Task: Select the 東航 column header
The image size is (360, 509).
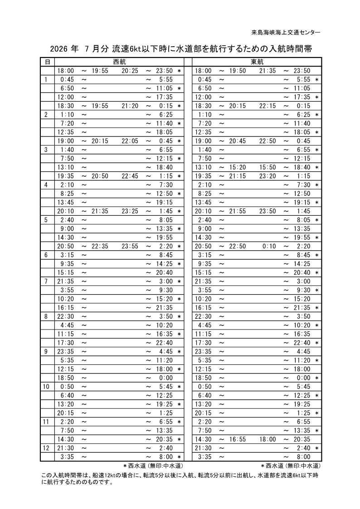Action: coord(257,62)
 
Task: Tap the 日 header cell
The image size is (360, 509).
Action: coord(47,62)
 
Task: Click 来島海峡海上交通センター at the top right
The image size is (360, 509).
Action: coord(286,33)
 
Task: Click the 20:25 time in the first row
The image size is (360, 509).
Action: coord(130,71)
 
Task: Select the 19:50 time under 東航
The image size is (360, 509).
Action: coord(238,71)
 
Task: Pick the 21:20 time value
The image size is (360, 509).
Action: coord(130,106)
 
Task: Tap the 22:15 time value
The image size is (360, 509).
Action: coord(268,106)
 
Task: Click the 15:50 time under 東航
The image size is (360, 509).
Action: coord(268,167)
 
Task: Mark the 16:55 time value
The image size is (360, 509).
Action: coord(238,439)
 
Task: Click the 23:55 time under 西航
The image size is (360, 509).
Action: coord(130,246)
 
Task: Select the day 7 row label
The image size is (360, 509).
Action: coord(46,281)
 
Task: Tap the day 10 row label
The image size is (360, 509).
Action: coord(46,387)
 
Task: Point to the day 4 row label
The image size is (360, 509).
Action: coord(46,184)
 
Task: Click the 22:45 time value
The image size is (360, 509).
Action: coord(130,176)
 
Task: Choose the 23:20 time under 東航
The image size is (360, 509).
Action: coord(268,176)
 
